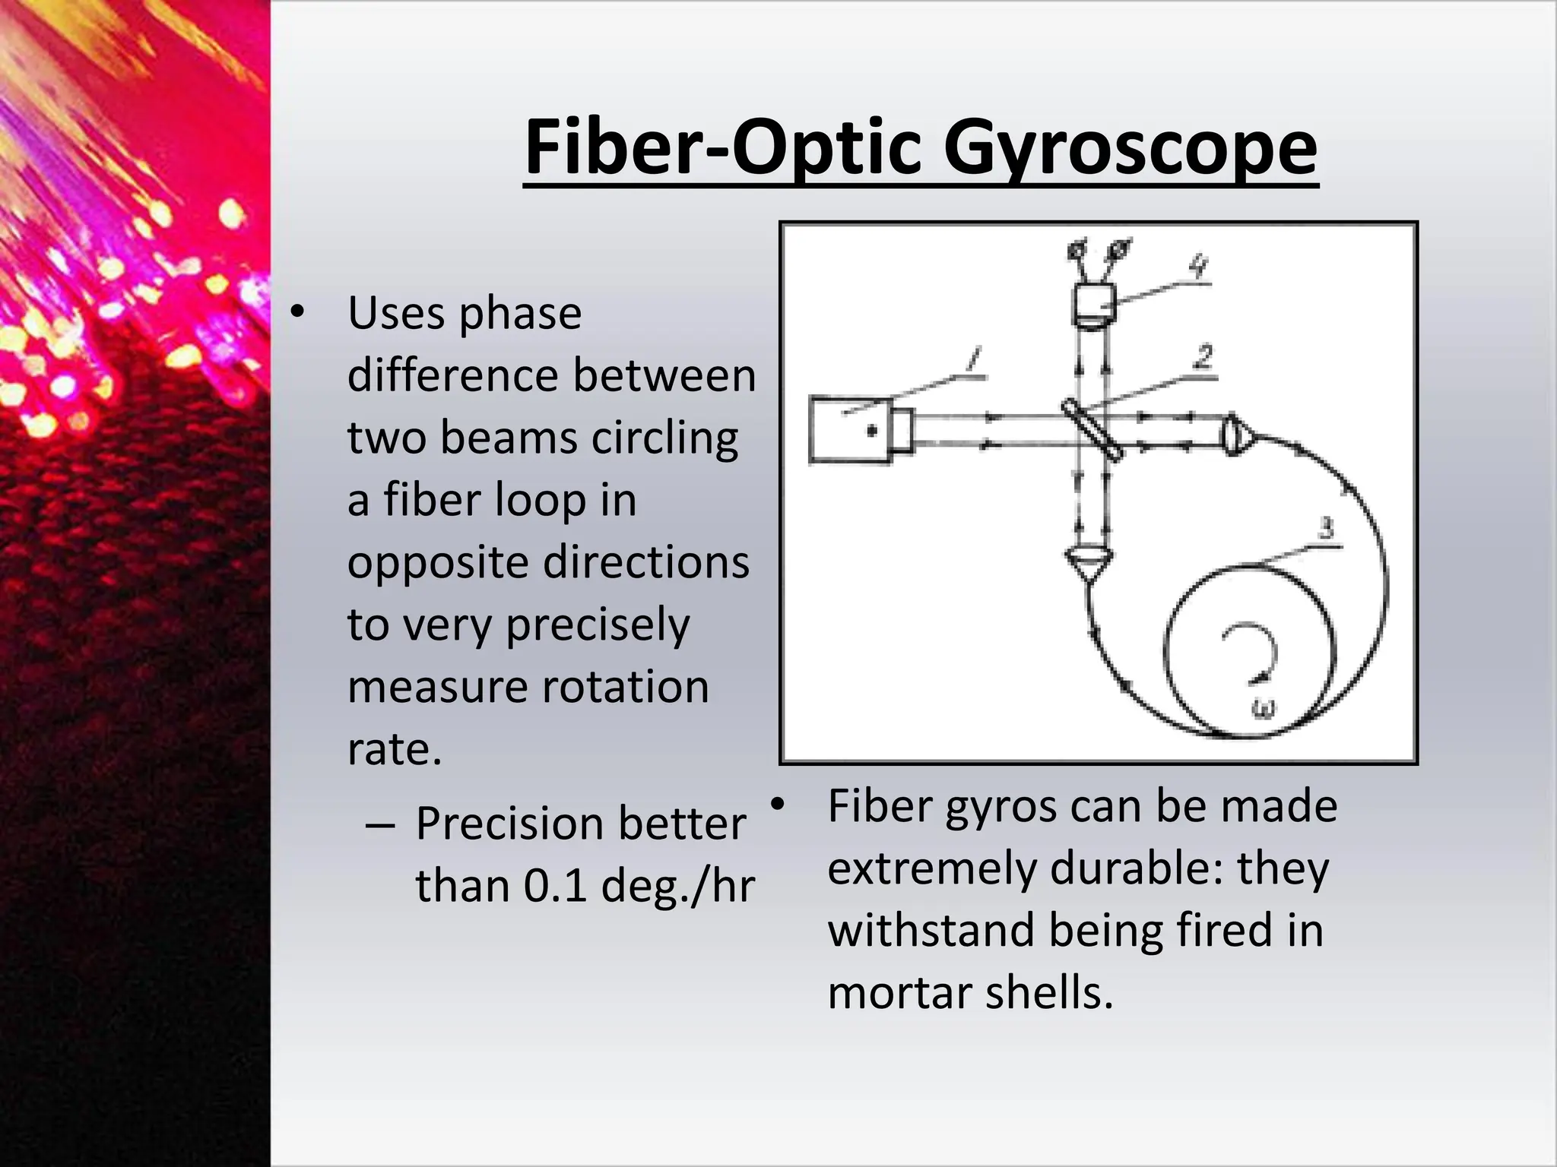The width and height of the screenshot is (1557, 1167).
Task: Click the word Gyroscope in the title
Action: [1130, 150]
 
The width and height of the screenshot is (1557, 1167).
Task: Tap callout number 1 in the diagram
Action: [974, 359]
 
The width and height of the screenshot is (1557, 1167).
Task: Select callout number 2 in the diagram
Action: [1203, 356]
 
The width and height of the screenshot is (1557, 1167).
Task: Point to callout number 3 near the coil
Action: [1326, 527]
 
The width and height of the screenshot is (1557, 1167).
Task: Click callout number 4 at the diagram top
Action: [1198, 267]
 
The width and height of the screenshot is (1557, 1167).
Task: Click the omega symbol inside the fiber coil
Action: [1264, 707]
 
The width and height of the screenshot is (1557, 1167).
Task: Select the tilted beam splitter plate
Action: [1092, 429]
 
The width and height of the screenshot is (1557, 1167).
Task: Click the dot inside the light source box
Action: [872, 431]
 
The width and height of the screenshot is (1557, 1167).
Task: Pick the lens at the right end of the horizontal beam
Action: [1235, 435]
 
